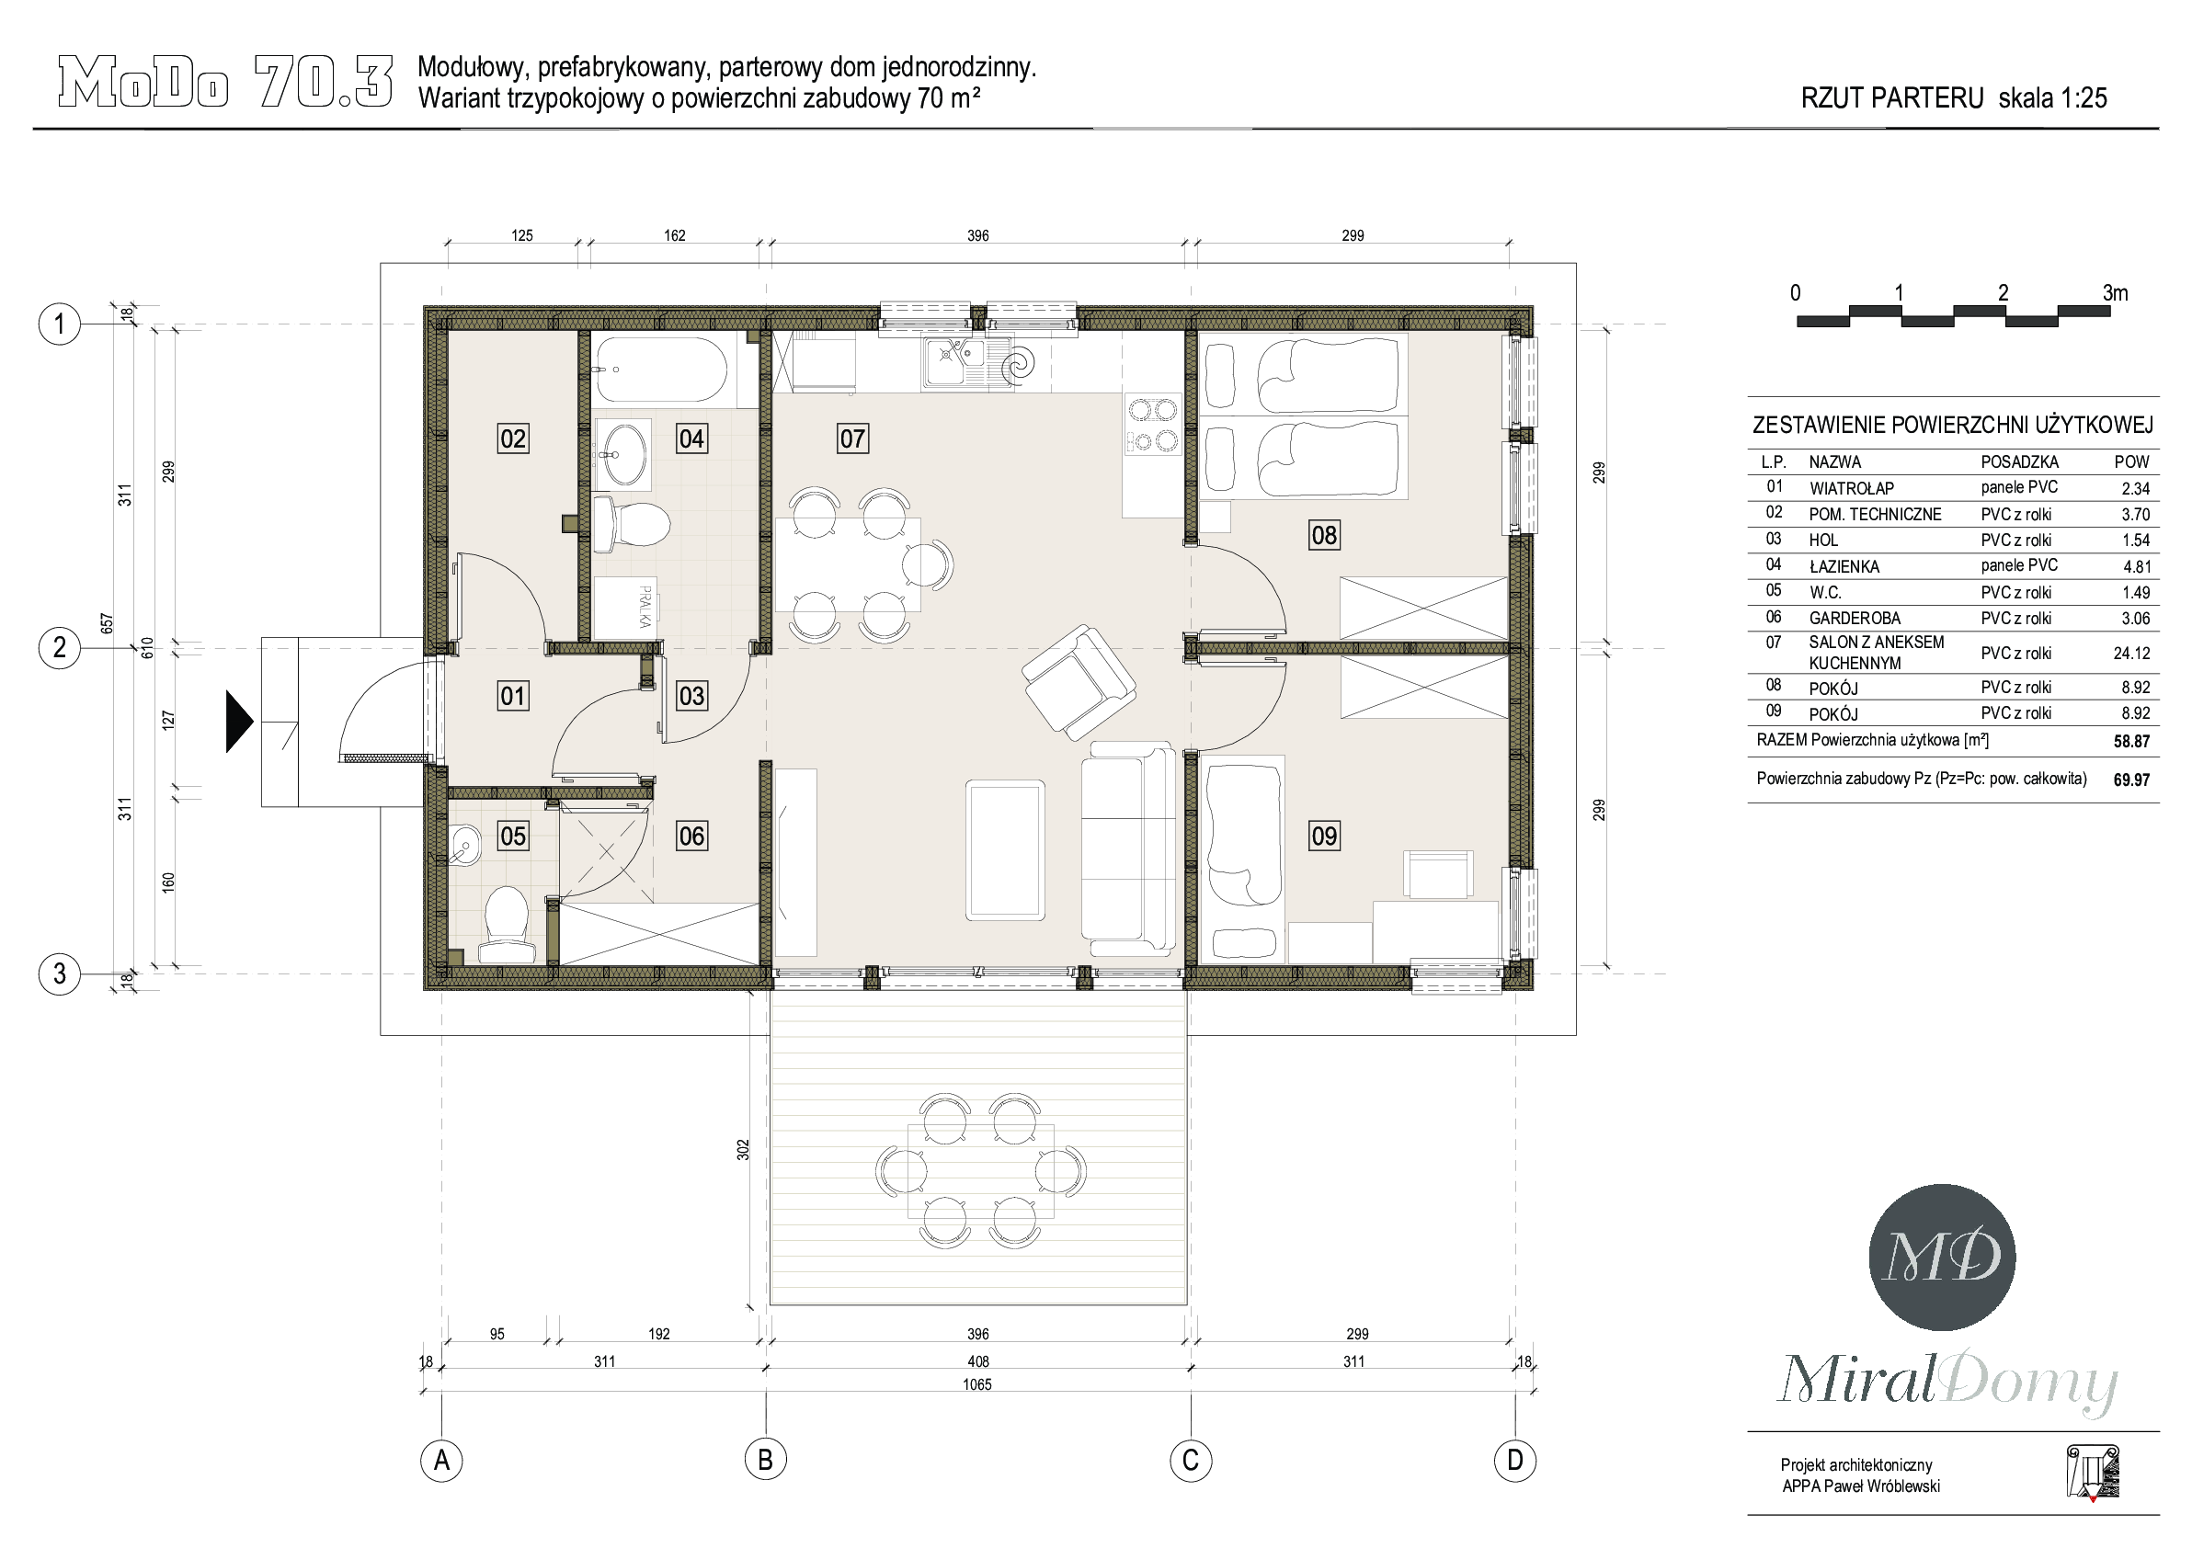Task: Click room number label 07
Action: [x=852, y=439]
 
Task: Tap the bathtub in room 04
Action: [x=662, y=370]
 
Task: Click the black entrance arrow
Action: [x=239, y=722]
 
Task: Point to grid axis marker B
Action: [x=766, y=1459]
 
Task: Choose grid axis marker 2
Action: [x=59, y=648]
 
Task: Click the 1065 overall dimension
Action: [x=977, y=1384]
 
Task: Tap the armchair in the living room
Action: [x=1079, y=678]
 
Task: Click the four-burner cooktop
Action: [x=1152, y=425]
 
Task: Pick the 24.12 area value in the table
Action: [x=2132, y=654]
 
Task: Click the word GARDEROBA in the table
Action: [x=1855, y=619]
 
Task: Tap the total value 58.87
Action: [x=2132, y=742]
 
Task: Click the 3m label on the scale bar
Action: [x=2116, y=293]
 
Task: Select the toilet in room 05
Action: [x=506, y=924]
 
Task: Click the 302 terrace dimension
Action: [x=744, y=1150]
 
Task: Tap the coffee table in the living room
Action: [x=1004, y=849]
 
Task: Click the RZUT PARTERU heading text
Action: [x=1891, y=97]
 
